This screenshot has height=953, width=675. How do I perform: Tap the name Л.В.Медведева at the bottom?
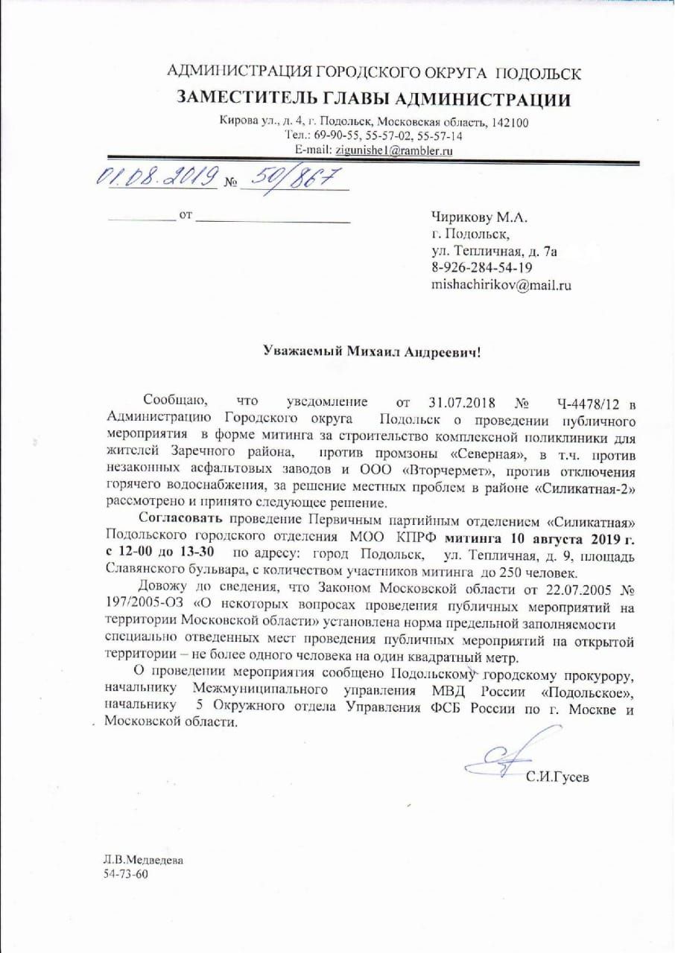(142, 860)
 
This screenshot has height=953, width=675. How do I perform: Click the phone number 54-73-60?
(126, 874)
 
